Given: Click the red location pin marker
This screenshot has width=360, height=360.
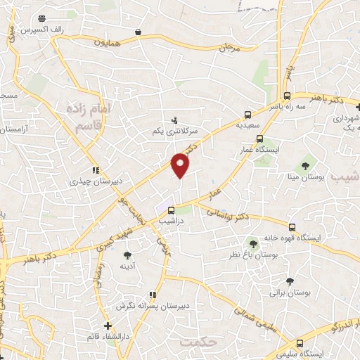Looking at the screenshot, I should (x=181, y=165).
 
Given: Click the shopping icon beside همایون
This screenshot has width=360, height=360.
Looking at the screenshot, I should (x=138, y=32).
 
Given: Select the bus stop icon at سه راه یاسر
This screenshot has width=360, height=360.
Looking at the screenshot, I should (x=287, y=96).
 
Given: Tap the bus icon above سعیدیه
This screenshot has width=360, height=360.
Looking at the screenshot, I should (x=247, y=114).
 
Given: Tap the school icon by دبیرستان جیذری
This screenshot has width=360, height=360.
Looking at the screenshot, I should (x=96, y=170).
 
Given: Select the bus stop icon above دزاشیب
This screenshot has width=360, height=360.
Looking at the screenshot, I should (x=171, y=209).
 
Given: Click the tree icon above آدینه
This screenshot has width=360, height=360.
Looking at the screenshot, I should (x=127, y=255).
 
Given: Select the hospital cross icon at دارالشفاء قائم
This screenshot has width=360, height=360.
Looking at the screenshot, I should (x=107, y=325).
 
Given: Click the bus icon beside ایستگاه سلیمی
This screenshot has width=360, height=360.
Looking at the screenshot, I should (x=300, y=344).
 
